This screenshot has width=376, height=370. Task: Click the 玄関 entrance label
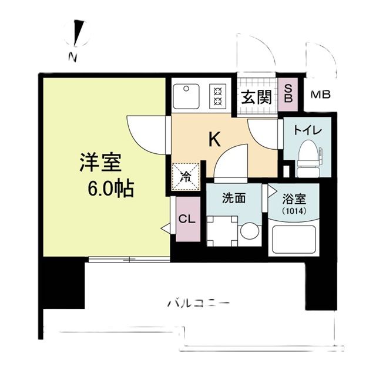coord(256,96)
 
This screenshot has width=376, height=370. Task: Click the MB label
coord(320,95)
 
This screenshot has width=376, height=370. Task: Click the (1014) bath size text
coord(292,210)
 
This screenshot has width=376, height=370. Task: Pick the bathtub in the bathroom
coord(292,238)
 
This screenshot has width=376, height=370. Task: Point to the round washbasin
coord(249,231)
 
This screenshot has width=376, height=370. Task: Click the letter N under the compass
coord(72,57)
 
